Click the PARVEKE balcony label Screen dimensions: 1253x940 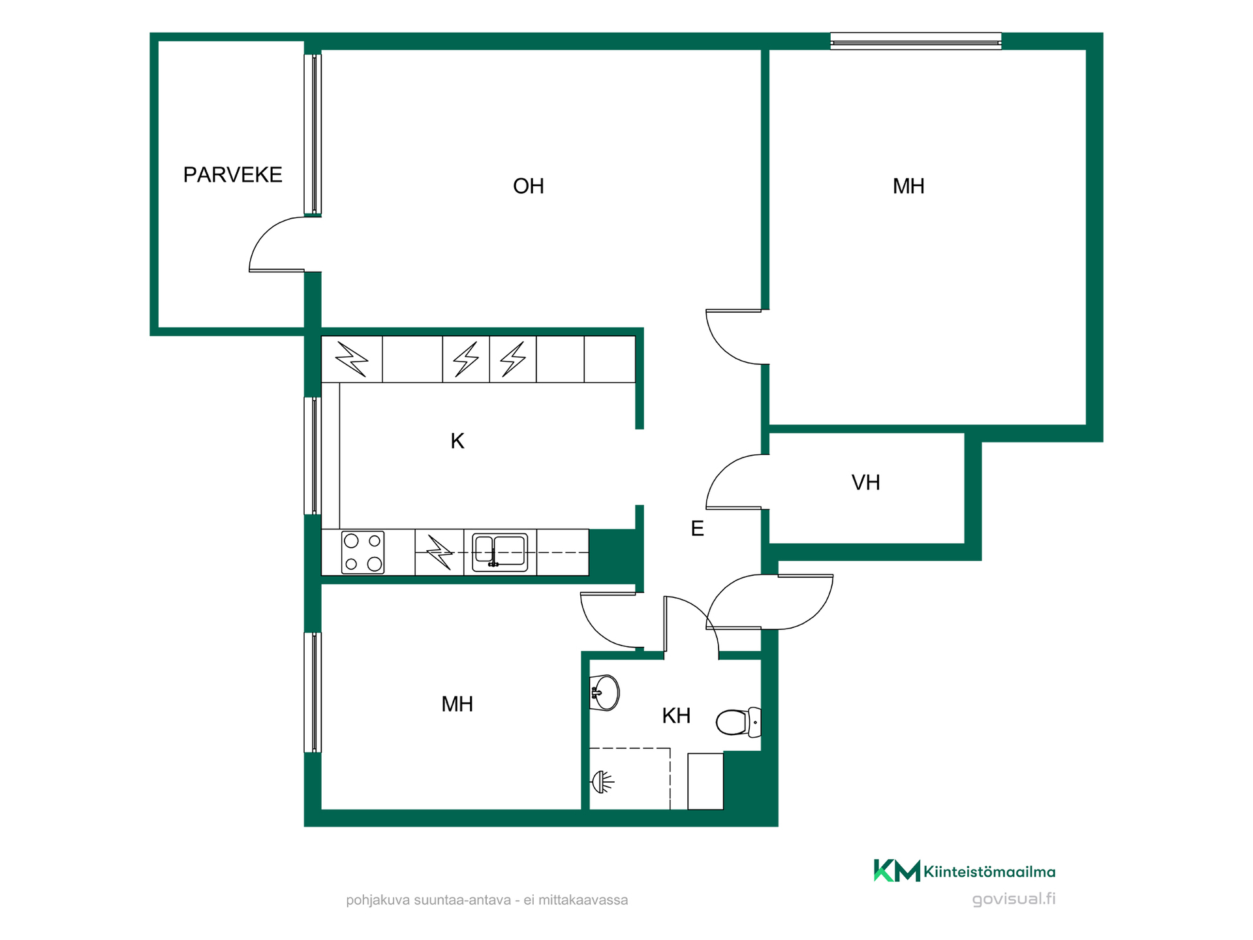[232, 175]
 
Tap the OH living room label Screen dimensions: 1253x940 [528, 187]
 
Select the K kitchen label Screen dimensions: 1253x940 [457, 441]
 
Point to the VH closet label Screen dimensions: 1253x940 [865, 483]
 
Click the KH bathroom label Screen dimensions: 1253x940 [676, 716]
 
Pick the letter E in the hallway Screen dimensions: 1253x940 [697, 529]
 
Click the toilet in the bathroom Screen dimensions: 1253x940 [738, 722]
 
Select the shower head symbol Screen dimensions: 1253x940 [602, 781]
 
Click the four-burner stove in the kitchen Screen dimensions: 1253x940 [363, 552]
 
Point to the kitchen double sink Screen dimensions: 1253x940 [500, 552]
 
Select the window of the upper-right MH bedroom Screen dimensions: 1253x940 [916, 42]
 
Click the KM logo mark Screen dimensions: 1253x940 [897, 871]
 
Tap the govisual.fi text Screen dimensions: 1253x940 [1013, 899]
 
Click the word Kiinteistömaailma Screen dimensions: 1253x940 [989, 871]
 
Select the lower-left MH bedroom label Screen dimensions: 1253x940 [457, 704]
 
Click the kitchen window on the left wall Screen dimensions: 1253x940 [313, 456]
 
